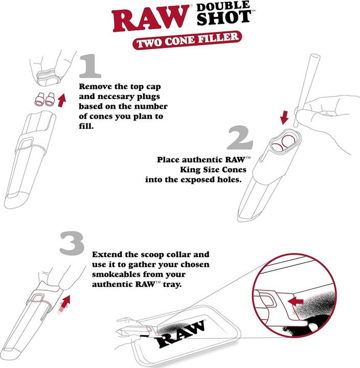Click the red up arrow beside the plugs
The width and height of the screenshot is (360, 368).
click(62, 99)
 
